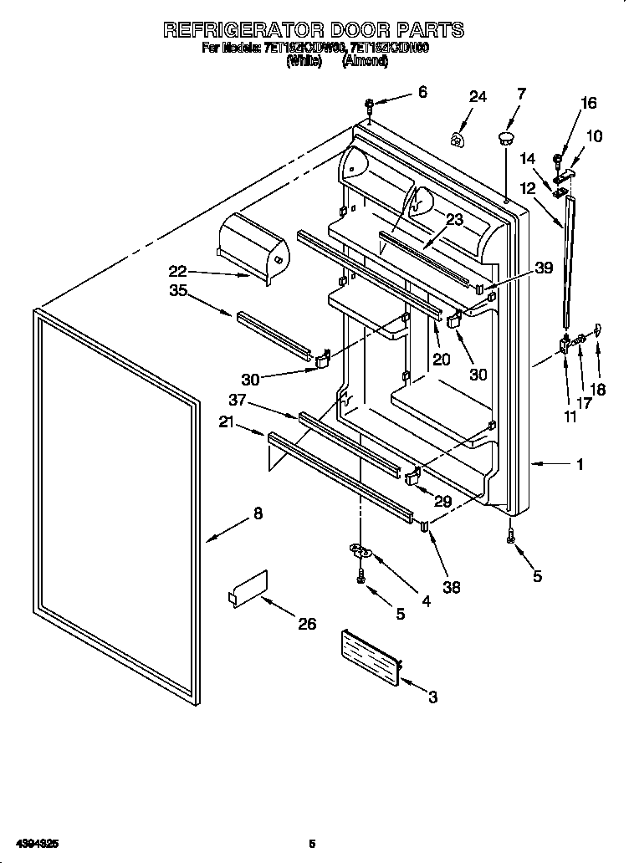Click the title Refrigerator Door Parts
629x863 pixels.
(314, 30)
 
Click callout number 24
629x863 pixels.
(477, 97)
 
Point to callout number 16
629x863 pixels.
(589, 104)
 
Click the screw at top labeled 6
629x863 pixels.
(369, 105)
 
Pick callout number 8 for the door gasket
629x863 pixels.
(257, 514)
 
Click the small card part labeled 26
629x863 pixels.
(248, 586)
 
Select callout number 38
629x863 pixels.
(452, 588)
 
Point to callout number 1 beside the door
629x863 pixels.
(580, 465)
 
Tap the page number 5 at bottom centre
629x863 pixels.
(312, 843)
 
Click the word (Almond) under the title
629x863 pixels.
(365, 61)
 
